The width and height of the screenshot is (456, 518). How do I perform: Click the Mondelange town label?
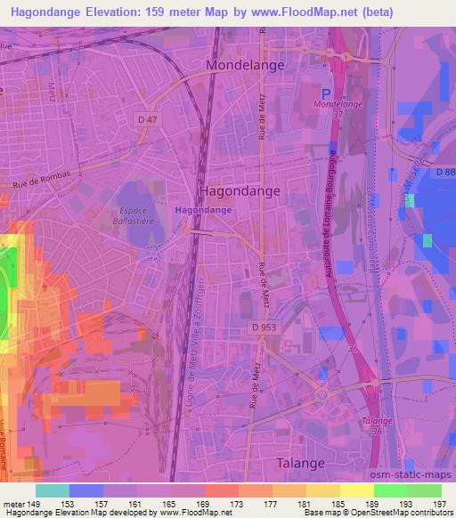click(x=245, y=65)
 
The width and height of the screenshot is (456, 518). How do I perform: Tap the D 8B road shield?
click(x=444, y=174)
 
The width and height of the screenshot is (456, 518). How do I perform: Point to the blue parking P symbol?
click(x=327, y=93)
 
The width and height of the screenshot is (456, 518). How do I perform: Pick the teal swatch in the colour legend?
click(x=53, y=490)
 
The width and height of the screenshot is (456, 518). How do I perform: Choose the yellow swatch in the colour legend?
click(x=357, y=490)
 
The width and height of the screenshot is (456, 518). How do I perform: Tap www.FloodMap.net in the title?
click(x=296, y=11)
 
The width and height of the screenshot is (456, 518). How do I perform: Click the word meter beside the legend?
click(x=12, y=503)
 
